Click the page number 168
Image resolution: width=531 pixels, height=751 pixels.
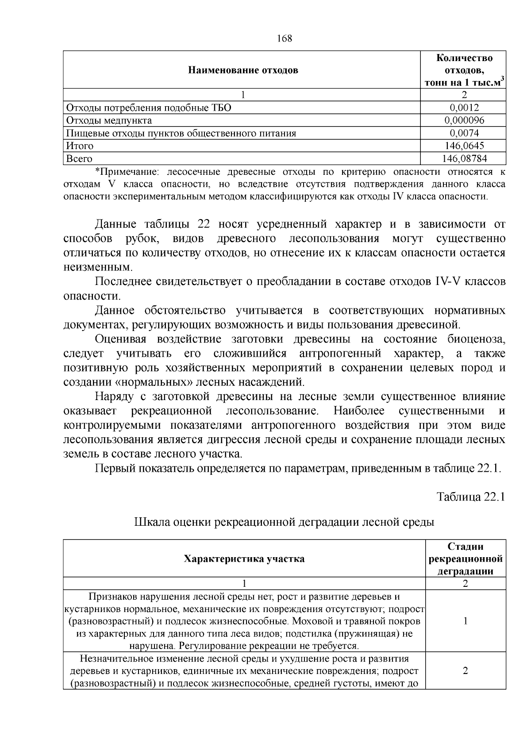[285, 39]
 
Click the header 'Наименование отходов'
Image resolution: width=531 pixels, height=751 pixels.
[243, 70]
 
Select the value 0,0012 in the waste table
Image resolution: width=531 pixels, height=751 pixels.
[464, 108]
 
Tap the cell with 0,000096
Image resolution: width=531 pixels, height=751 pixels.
[464, 120]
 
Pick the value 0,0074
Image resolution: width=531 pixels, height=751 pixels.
[464, 133]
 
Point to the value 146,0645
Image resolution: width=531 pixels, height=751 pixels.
[464, 146]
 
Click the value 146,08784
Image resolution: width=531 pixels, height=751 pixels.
[464, 158]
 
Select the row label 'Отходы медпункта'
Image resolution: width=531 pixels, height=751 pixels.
[109, 120]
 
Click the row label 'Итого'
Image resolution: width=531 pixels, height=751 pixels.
[80, 146]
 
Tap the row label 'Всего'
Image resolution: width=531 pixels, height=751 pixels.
[79, 158]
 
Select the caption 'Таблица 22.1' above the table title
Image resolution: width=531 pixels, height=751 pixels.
[471, 497]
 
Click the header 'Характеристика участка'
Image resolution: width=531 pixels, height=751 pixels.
[244, 558]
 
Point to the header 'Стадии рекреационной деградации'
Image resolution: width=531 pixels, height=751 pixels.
[466, 558]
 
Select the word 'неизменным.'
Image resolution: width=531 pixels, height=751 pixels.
[97, 267]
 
